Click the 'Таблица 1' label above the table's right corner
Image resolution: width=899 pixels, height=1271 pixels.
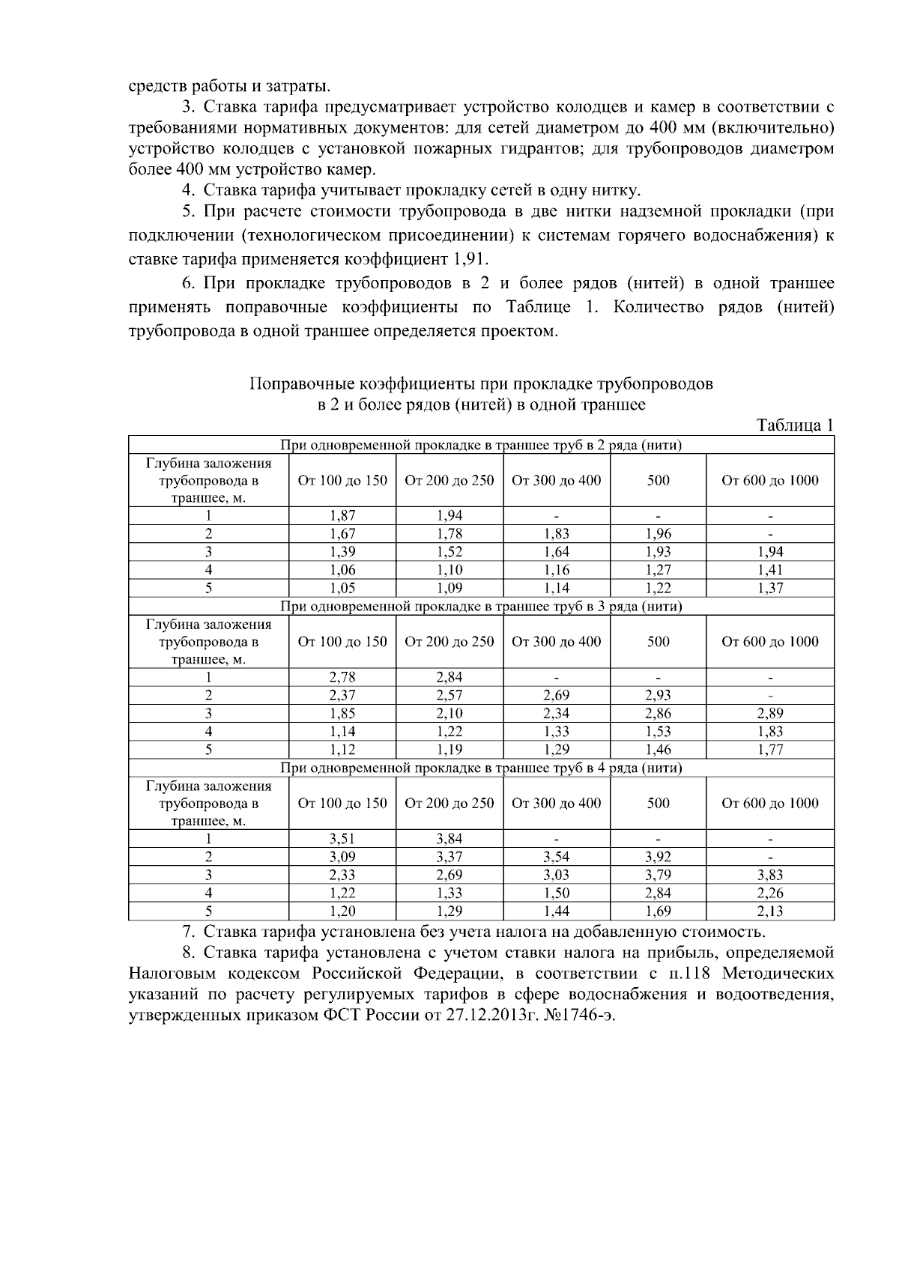tap(796, 425)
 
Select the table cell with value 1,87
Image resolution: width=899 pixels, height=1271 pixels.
tap(342, 515)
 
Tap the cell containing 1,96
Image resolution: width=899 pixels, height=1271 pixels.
tap(658, 534)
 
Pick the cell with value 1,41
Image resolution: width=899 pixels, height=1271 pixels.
tap(770, 570)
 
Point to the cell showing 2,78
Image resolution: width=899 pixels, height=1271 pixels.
tap(342, 677)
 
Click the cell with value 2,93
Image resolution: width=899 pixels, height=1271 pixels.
tap(658, 696)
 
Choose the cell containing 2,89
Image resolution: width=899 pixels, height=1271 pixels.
tap(770, 714)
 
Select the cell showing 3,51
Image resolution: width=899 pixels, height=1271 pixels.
tap(342, 839)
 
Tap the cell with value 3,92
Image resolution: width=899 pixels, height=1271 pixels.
tap(658, 857)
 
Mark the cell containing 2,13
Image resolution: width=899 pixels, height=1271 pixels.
tap(770, 911)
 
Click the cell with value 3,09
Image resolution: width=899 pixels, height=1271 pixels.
tap(342, 857)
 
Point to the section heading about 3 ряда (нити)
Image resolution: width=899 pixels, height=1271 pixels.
tap(481, 606)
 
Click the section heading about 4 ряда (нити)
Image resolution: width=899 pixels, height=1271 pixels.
tap(481, 768)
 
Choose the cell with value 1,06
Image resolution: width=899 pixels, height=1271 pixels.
tap(342, 570)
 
